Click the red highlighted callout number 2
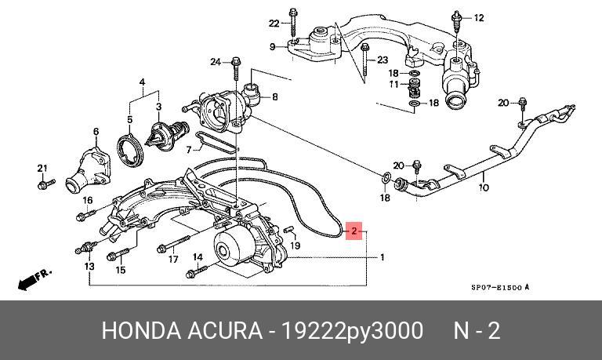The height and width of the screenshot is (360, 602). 354,231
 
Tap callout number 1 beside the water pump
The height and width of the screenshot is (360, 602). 383,257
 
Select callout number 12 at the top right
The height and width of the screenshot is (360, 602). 480,17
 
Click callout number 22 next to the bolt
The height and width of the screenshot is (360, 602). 274,22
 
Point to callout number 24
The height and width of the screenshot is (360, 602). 215,61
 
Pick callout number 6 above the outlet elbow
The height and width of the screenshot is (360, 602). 96,131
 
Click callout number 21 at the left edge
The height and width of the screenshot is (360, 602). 42,168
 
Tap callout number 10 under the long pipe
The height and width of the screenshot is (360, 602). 484,188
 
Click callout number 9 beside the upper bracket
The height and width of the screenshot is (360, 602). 273,47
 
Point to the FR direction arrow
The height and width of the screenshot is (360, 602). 34,275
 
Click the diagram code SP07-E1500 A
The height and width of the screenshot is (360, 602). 499,288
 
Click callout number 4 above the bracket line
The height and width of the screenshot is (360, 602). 143,82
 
